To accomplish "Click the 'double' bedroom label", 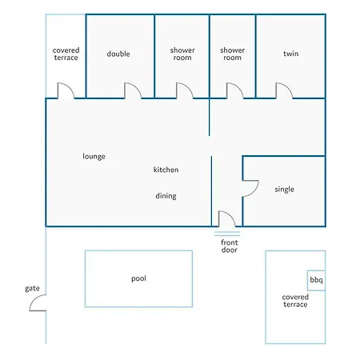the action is pos(118,54).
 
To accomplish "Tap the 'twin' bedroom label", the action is pos(291,54).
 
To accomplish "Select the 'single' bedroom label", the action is pos(285,190).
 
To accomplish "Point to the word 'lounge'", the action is pos(94,156).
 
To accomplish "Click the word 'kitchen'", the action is pos(166,170).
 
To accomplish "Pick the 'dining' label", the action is pos(166,196).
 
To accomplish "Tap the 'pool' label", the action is pos(138,278).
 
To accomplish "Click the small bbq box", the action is pos(316,281).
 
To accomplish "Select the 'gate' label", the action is pos(32,289).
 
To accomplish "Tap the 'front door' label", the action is pos(230,246).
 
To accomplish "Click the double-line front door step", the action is pos(227,234).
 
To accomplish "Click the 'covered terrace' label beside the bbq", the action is pos(295,301).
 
